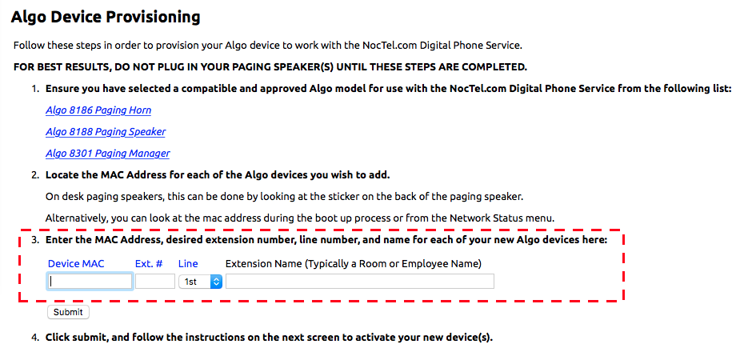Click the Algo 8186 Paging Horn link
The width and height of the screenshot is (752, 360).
click(98, 110)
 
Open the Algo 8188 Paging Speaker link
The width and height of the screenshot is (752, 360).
click(106, 132)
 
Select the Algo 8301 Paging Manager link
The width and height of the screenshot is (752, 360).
click(108, 154)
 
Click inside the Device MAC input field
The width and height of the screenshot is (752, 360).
click(90, 282)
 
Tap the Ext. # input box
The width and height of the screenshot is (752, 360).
click(155, 282)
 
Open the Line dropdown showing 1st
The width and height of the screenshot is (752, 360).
click(200, 282)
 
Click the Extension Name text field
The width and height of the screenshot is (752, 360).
click(360, 282)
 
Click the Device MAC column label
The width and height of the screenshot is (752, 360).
click(76, 264)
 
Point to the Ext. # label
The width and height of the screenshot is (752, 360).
click(149, 264)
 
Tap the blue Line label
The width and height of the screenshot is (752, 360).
click(188, 264)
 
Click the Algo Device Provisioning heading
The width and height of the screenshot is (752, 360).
click(106, 18)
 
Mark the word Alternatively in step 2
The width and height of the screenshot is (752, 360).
click(76, 218)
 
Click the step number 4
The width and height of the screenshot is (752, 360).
click(35, 337)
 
